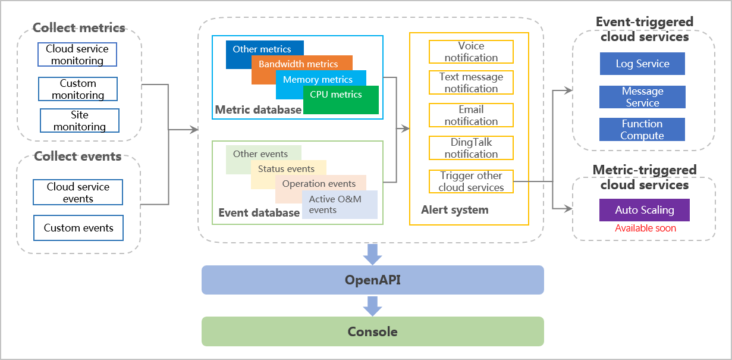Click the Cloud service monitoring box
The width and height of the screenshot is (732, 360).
coord(77,55)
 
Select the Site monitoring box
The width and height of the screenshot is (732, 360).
coord(80,120)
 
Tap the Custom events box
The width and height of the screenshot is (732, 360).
coord(78,228)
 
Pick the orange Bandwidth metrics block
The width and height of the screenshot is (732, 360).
coord(301,64)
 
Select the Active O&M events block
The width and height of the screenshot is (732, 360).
coord(340,205)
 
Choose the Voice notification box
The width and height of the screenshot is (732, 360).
coord(471,52)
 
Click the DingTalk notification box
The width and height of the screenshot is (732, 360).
coord(471,148)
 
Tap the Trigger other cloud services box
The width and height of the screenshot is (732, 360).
coord(471,181)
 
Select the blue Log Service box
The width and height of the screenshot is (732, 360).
coord(642,64)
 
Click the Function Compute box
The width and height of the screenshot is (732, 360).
coord(642,130)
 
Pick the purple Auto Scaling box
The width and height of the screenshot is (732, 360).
coord(645,210)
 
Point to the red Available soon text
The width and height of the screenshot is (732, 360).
coord(645,228)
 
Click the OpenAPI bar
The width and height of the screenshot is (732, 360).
coord(373,280)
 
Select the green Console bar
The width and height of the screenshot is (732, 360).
coord(373,331)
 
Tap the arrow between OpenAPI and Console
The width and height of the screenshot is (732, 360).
coord(373,305)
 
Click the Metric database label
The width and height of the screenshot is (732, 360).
coord(258,109)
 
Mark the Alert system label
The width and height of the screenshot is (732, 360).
coord(455,209)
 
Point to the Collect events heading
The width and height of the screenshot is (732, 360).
coord(78,156)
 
